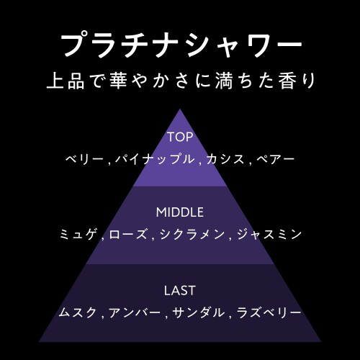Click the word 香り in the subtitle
tap(297, 81)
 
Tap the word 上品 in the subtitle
tap(66, 81)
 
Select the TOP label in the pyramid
tap(180, 137)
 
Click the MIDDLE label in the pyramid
tap(180, 212)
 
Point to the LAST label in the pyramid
tap(180, 291)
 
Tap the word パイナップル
tap(155, 159)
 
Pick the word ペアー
tap(275, 159)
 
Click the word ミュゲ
tap(79, 234)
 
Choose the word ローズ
tap(128, 235)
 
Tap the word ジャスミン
tap(269, 234)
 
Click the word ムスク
tap(78, 312)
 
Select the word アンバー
tap(135, 312)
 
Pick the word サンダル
tap(199, 312)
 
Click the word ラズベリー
tap(269, 312)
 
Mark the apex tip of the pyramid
tap(180, 109)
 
